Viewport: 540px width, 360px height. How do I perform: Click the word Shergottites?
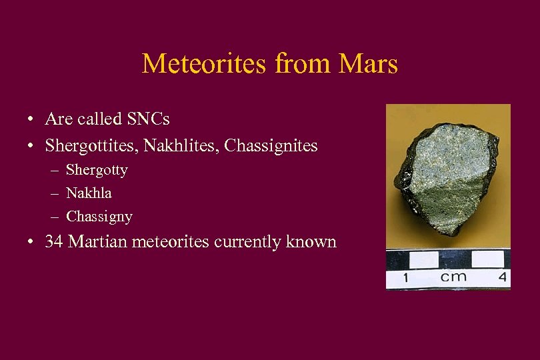point(89,145)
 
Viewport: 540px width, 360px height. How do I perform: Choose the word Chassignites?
point(271,145)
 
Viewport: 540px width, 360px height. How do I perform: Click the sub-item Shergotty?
point(97,170)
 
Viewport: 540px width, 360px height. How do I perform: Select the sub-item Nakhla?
point(89,193)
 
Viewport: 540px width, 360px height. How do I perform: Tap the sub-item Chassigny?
point(99,217)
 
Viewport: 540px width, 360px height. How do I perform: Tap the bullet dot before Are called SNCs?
point(31,120)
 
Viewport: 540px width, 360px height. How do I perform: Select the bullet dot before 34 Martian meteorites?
point(31,242)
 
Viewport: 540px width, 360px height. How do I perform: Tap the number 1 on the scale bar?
point(405,277)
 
